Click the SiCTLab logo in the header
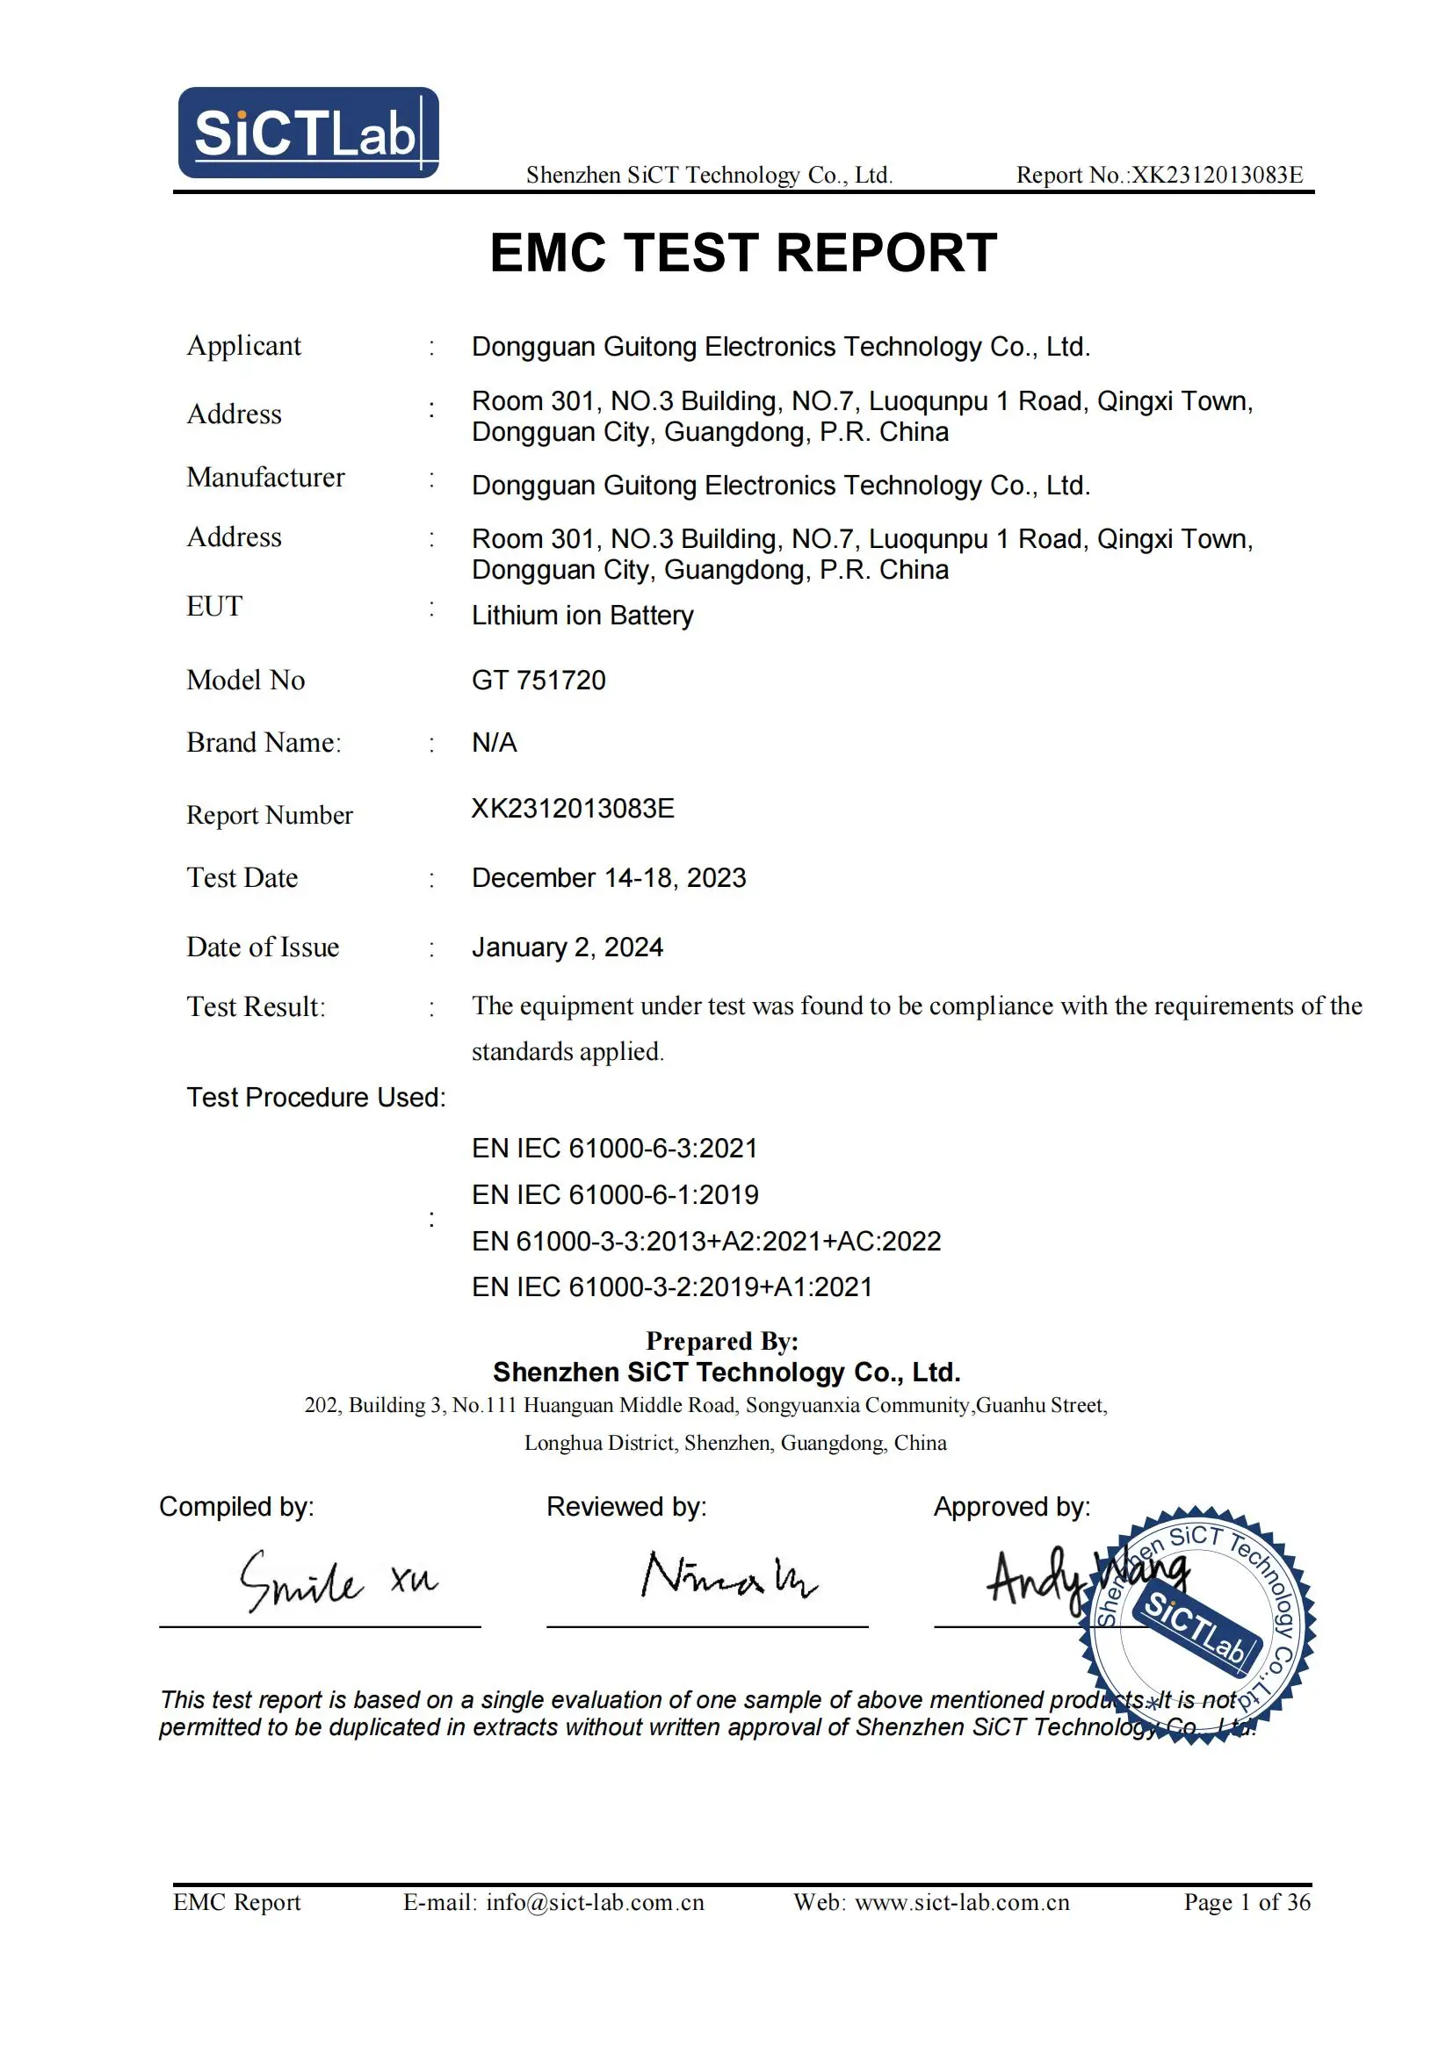point(307,133)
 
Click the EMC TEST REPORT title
point(742,252)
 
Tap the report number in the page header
point(1160,176)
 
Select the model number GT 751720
point(539,680)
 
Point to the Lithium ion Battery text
point(582,616)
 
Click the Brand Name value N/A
point(494,743)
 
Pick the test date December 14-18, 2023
point(609,877)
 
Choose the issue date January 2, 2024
point(567,948)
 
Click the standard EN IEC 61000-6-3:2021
point(615,1148)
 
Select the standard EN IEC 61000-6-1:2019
point(615,1194)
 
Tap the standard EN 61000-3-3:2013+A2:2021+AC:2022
point(706,1241)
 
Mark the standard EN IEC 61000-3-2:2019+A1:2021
point(672,1286)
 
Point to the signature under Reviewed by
point(727,1576)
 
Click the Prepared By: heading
point(722,1341)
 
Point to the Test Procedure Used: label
point(316,1098)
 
